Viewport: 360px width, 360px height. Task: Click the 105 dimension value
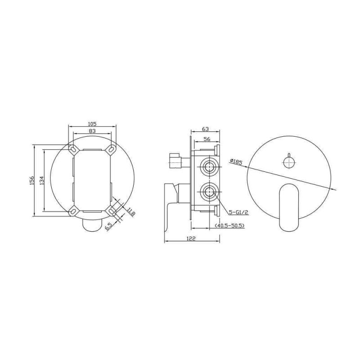coord(92,124)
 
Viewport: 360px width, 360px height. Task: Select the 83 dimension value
coord(92,131)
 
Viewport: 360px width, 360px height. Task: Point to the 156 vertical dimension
coord(31,180)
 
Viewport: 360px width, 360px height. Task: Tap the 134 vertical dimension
coord(41,180)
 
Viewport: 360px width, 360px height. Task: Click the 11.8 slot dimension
coord(131,211)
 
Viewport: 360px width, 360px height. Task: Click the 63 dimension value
coord(206,129)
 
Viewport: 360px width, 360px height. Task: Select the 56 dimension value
coord(207,139)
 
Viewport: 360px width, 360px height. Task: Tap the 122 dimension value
coord(191,238)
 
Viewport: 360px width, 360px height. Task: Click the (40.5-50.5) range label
coord(229,226)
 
